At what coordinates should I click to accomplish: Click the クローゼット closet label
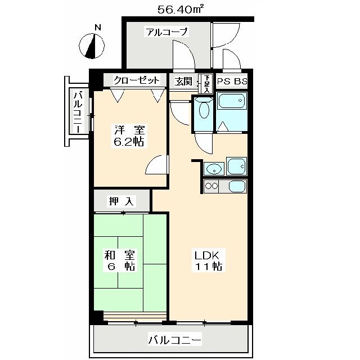[137, 80]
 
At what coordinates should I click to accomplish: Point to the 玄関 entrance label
[183, 81]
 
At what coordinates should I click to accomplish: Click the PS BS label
[232, 81]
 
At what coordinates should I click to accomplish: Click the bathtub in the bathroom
[231, 102]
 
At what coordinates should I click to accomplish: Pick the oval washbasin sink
[214, 168]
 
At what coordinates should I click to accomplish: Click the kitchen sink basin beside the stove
[236, 186]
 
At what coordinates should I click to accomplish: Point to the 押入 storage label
[121, 201]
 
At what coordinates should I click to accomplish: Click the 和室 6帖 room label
[119, 260]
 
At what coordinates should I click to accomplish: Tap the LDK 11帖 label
[209, 259]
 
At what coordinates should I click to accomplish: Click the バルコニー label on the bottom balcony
[174, 340]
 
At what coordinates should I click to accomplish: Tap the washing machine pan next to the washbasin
[236, 167]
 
